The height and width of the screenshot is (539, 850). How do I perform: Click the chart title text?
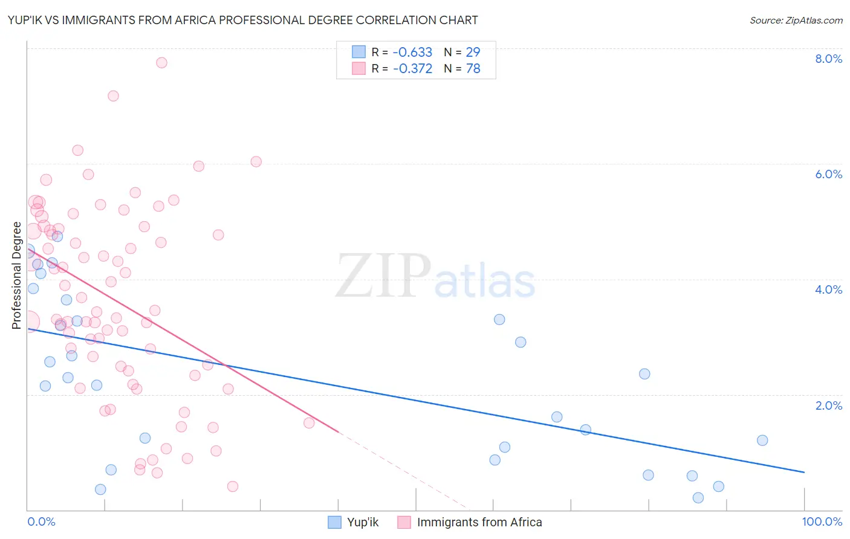pos(242,21)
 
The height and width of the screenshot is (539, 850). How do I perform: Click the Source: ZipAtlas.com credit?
pos(796,21)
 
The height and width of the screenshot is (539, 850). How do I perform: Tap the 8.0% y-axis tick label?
pos(828,59)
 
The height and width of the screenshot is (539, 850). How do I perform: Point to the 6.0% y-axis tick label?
pos(828,174)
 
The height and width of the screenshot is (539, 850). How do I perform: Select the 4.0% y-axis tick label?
pos(828,289)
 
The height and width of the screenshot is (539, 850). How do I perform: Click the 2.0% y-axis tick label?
pos(828,405)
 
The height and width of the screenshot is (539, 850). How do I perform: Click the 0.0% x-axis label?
pos(42,522)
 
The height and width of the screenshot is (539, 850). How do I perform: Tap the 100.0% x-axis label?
pos(822,522)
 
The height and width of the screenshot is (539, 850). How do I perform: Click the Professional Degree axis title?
pos(16,276)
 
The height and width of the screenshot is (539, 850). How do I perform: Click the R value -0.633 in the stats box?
pos(412,53)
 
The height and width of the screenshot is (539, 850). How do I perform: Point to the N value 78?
pos(473,69)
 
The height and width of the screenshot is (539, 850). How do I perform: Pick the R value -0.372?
pos(412,69)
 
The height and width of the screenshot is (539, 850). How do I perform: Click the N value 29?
pos(473,53)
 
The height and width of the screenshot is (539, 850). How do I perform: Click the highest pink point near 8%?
pos(161,63)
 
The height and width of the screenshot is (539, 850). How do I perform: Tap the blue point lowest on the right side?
pos(698,498)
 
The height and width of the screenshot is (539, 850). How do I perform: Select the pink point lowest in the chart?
pos(233,486)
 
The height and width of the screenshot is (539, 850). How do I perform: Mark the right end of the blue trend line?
pos(804,472)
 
